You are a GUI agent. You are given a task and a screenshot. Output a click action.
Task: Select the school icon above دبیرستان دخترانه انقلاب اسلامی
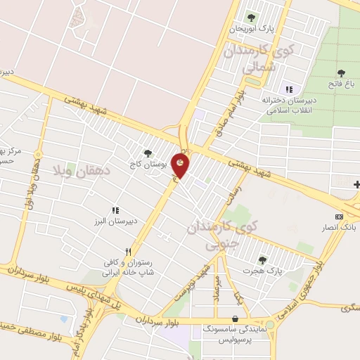(288, 89)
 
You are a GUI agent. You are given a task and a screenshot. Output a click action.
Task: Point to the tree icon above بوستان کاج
(147, 153)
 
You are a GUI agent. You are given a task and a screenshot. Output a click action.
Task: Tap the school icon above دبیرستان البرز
(115, 210)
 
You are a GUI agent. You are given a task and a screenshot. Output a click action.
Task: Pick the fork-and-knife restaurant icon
(127, 251)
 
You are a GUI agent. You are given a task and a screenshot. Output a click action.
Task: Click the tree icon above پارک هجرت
(262, 259)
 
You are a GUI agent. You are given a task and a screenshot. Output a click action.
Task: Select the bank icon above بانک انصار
(340, 217)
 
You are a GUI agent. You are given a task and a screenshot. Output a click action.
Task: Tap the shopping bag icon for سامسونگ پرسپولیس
(233, 318)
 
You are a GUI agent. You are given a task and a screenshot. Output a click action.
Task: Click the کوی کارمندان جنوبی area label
(224, 236)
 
